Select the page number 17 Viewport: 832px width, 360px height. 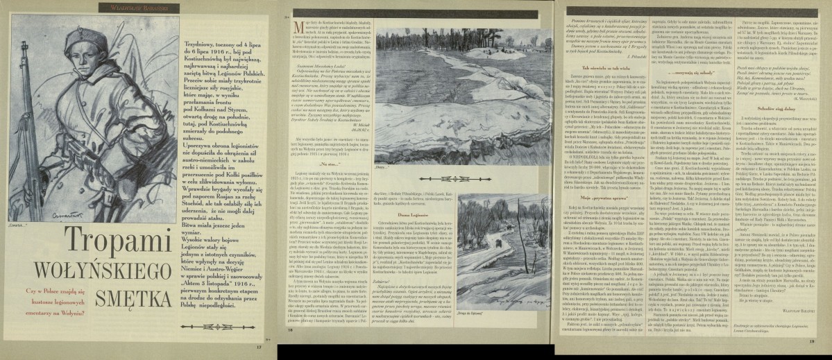click(x=258, y=348)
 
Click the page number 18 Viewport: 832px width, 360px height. click(x=291, y=349)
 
